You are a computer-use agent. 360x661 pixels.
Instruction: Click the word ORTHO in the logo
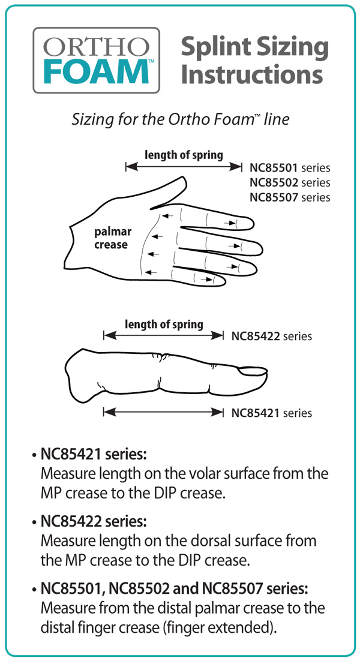[96, 47]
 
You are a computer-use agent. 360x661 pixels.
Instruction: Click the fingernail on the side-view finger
[253, 371]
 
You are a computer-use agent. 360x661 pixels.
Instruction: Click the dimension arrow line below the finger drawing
[164, 412]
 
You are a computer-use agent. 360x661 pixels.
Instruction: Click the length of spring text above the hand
[184, 155]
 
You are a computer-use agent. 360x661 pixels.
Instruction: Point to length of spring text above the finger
[164, 325]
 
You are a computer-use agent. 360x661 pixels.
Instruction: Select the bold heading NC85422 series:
[94, 522]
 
